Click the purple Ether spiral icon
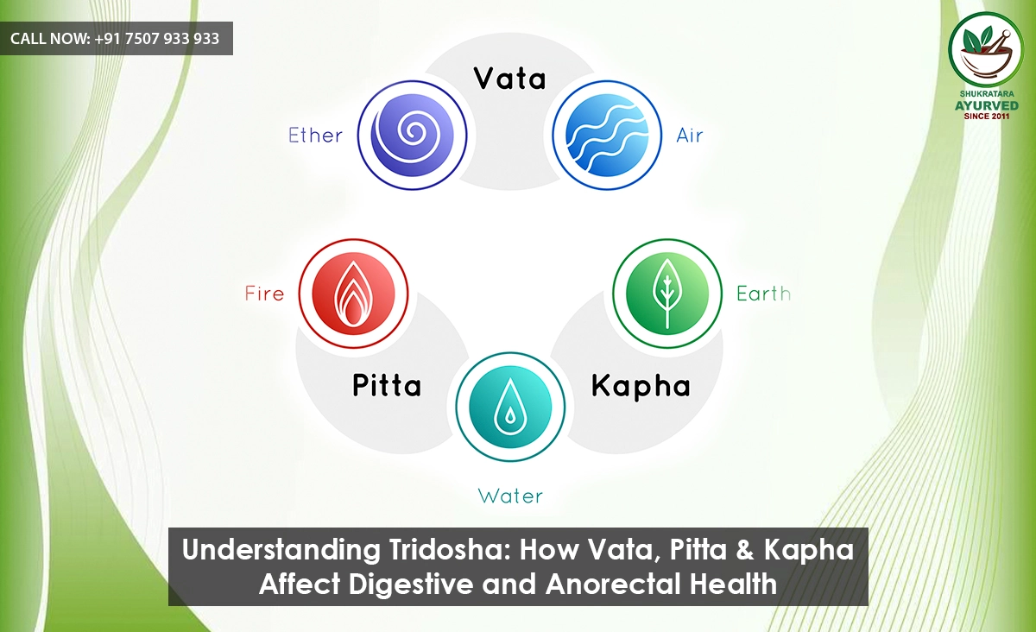tap(413, 135)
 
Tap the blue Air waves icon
tap(607, 135)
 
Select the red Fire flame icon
tap(352, 294)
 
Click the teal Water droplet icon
tap(510, 407)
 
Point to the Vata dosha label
tap(510, 79)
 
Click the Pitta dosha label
tap(387, 385)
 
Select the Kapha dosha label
tap(641, 386)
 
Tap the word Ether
tap(315, 136)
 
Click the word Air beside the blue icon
tap(690, 136)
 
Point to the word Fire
tap(264, 294)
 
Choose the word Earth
tap(763, 294)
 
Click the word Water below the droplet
tap(510, 496)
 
